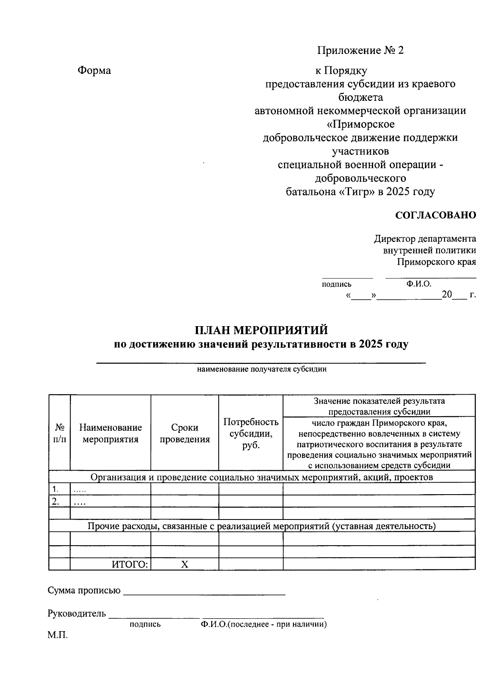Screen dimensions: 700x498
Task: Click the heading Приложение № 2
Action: click(360, 51)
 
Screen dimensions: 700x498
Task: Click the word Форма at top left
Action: click(94, 71)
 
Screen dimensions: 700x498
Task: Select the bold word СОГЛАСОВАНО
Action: click(435, 215)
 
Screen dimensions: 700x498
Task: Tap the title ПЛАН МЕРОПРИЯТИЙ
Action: click(261, 330)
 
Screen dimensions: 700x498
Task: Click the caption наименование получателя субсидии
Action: click(261, 369)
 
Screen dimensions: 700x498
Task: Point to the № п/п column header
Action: click(59, 433)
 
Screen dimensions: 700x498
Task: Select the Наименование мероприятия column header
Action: click(110, 433)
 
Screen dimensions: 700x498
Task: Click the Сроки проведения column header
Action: click(185, 433)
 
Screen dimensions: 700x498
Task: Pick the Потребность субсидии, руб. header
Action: click(251, 433)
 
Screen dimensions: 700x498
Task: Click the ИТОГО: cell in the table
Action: click(130, 564)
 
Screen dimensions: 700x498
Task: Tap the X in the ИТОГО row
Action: click(185, 564)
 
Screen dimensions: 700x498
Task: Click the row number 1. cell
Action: click(55, 488)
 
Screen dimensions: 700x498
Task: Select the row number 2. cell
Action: click(55, 501)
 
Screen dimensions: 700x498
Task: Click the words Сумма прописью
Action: click(84, 590)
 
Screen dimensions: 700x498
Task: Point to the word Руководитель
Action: click(77, 614)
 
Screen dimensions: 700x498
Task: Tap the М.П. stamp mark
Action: click(57, 635)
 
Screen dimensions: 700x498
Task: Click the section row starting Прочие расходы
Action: click(261, 527)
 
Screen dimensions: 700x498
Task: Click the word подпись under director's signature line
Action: click(337, 284)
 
